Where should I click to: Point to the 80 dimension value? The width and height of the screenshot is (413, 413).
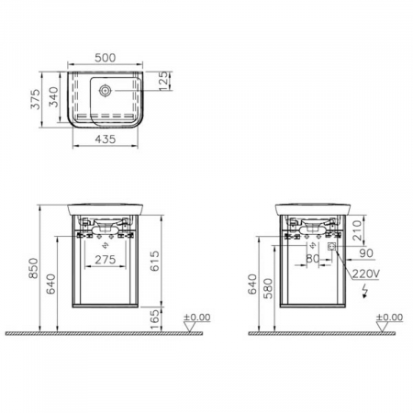click(312, 259)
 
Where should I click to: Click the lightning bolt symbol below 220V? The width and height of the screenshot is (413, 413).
click(366, 291)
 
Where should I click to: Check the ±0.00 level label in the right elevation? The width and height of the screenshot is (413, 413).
click(390, 317)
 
